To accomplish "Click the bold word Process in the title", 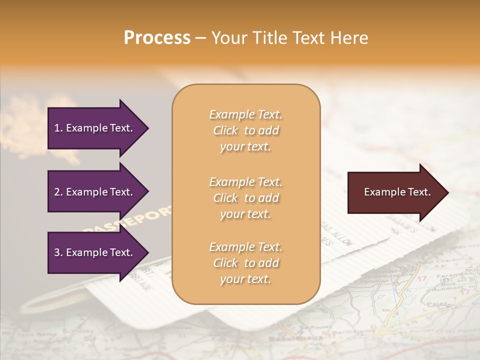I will click(x=157, y=38).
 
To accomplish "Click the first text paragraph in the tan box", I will click(x=245, y=130).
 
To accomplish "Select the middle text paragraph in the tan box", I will click(x=245, y=197).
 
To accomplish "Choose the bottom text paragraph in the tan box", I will click(x=245, y=263).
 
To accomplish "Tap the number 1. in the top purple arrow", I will click(x=58, y=128).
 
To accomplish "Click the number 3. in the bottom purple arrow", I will click(x=58, y=252).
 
